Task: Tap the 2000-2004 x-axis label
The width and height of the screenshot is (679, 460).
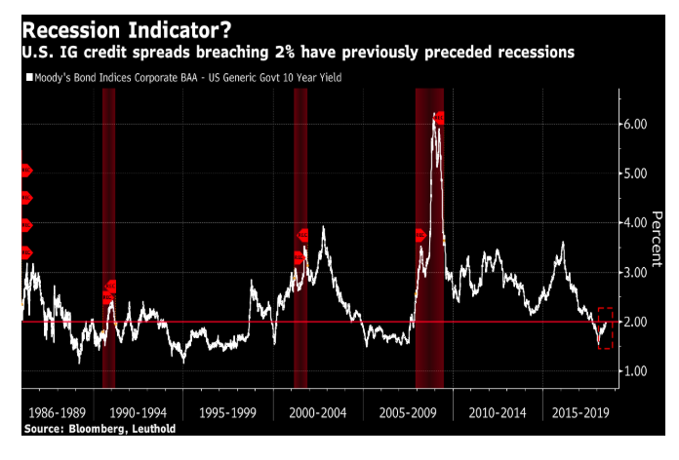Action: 317,413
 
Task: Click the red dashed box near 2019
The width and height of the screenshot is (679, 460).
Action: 605,328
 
